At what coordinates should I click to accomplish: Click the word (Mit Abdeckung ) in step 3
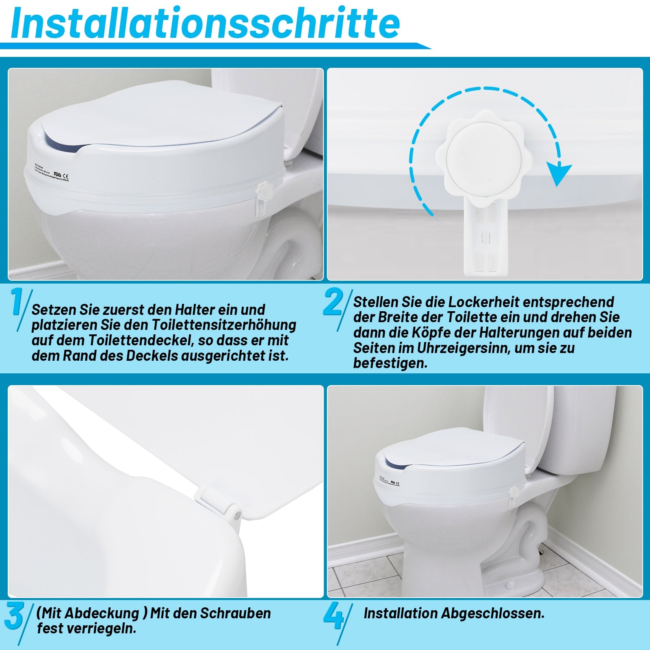click(92, 613)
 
